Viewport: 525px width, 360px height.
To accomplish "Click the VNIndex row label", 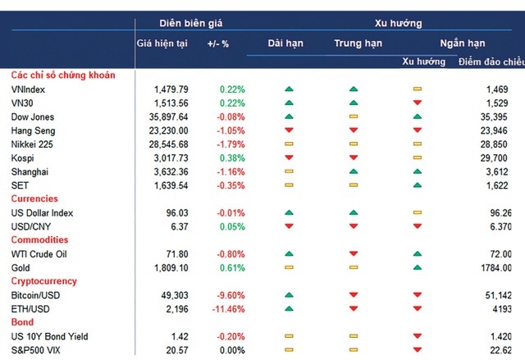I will click(x=30, y=89).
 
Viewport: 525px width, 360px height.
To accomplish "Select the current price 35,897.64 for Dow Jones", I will click(x=166, y=116).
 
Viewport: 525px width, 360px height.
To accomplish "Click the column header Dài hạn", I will click(x=287, y=43).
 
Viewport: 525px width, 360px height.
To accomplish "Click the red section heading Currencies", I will click(x=34, y=198).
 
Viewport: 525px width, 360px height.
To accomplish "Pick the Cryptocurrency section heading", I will click(x=45, y=281).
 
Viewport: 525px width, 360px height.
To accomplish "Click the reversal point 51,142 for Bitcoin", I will click(x=495, y=294).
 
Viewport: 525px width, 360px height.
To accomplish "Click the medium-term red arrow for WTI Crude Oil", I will click(x=354, y=254).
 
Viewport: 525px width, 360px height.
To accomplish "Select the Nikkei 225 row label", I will click(x=33, y=144).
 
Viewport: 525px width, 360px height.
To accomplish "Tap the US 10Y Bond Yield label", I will click(x=49, y=336).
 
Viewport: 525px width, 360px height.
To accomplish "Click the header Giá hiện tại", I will click(x=162, y=43).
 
